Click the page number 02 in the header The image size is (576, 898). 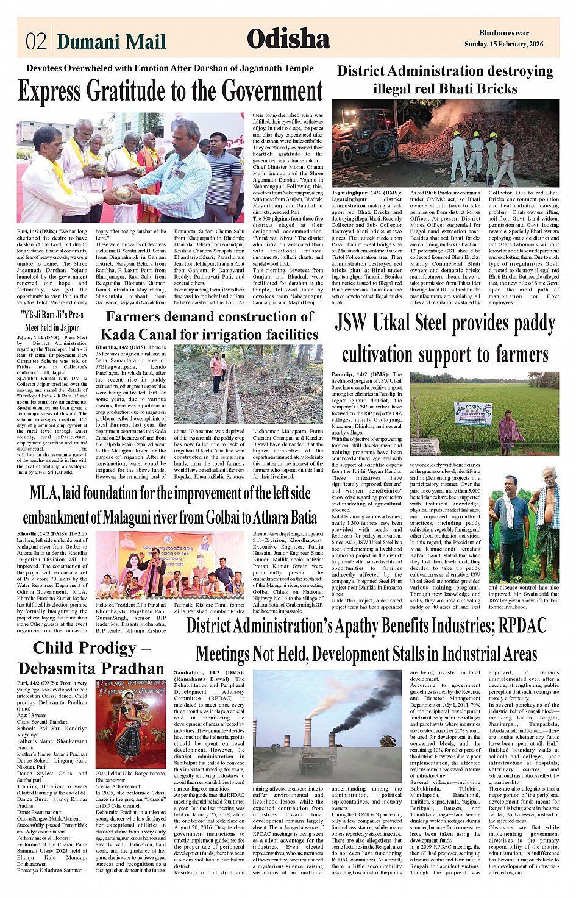pyautogui.click(x=36, y=41)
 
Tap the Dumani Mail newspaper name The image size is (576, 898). pyautogui.click(x=111, y=41)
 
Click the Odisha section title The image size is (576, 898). pyautogui.click(x=288, y=40)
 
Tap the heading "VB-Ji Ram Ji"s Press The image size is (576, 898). pyautogui.click(x=52, y=315)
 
